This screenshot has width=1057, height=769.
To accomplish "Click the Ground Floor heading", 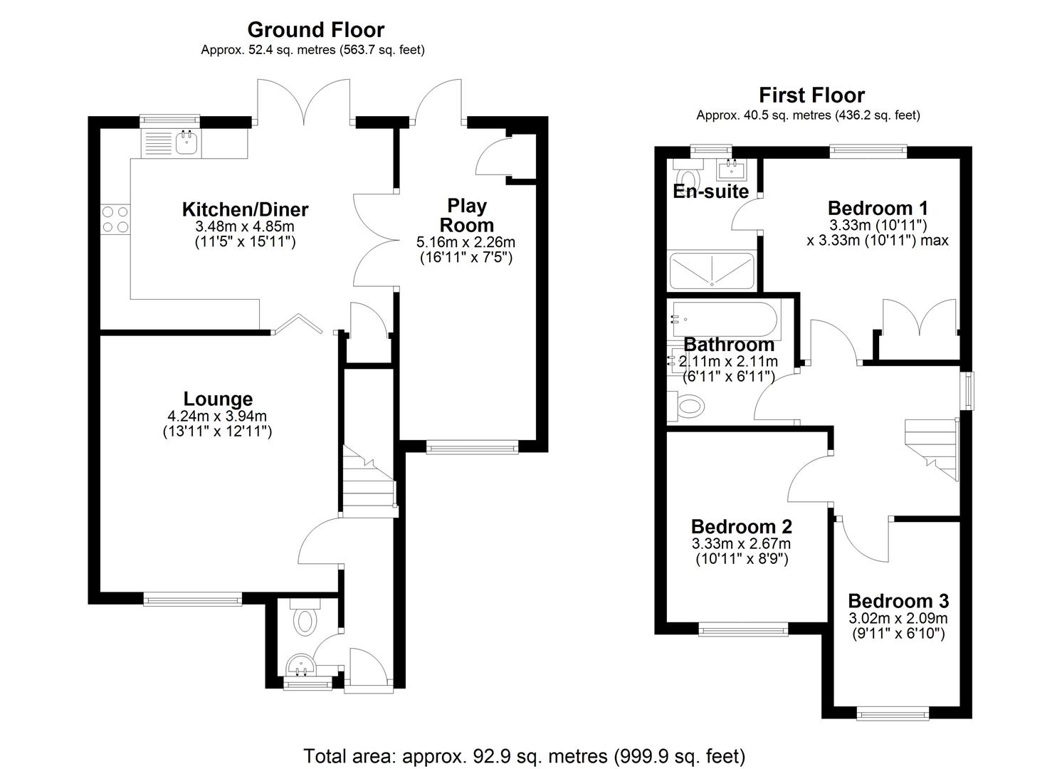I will pyautogui.click(x=315, y=30).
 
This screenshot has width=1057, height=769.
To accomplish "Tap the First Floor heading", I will pyautogui.click(x=811, y=95).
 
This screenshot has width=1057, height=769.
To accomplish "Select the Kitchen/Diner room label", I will pyautogui.click(x=245, y=209).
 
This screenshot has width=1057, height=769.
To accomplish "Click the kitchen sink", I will pyautogui.click(x=187, y=142).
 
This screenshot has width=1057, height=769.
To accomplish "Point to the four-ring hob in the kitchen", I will pyautogui.click(x=115, y=219).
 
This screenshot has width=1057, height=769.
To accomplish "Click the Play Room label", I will pyautogui.click(x=466, y=214).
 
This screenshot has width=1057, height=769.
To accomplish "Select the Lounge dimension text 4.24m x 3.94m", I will pyautogui.click(x=217, y=417).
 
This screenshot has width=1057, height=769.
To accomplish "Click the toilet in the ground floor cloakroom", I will pyautogui.click(x=305, y=619).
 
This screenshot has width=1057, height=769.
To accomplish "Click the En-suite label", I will pyautogui.click(x=710, y=192).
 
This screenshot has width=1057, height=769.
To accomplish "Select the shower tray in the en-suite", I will pyautogui.click(x=710, y=271).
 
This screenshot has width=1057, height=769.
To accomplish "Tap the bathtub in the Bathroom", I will pyautogui.click(x=723, y=318).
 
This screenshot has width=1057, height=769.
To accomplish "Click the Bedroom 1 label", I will pyautogui.click(x=877, y=208).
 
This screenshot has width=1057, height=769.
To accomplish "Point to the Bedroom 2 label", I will pyautogui.click(x=741, y=526).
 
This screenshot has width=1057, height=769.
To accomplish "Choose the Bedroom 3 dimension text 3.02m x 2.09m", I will pyautogui.click(x=898, y=619).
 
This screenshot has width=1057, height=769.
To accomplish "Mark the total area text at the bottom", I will pyautogui.click(x=524, y=755).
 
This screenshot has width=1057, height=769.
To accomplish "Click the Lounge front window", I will pyautogui.click(x=192, y=599).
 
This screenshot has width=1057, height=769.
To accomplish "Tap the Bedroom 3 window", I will pyautogui.click(x=892, y=713).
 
